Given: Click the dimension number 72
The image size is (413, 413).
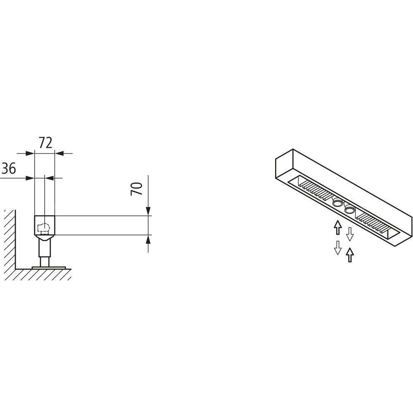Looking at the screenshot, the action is (x=45, y=142).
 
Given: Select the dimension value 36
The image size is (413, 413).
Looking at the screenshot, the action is (x=9, y=168).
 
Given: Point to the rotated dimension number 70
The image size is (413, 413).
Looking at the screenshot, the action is (x=136, y=189).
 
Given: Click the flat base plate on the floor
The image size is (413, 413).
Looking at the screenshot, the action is (x=48, y=267).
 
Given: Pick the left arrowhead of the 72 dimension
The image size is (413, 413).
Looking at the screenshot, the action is (x=30, y=153).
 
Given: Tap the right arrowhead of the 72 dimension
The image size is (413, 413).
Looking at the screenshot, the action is (x=59, y=153).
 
